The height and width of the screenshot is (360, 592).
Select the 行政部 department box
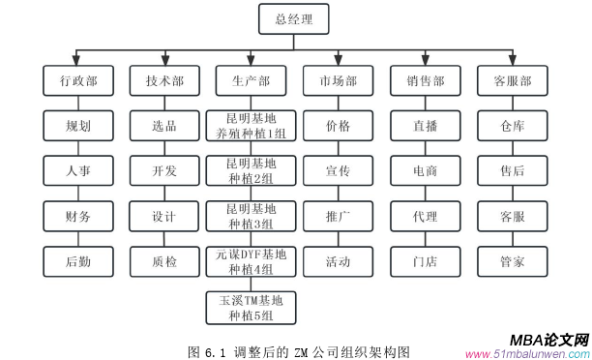coord(77,81)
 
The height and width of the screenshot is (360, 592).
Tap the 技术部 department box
coord(164,81)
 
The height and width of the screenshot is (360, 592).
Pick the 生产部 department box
coord(251,81)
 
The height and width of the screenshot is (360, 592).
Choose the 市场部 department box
coord(338,81)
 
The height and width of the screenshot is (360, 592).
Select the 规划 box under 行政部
coord(77,127)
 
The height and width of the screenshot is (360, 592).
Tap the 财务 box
coord(77,217)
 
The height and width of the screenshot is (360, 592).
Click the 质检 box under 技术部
coord(164,261)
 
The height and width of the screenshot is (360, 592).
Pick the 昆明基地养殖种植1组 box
coord(251,127)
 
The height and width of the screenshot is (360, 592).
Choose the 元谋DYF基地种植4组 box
coord(251,261)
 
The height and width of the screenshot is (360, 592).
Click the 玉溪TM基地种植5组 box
coord(251,306)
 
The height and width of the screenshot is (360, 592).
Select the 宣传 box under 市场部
coord(338,171)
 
